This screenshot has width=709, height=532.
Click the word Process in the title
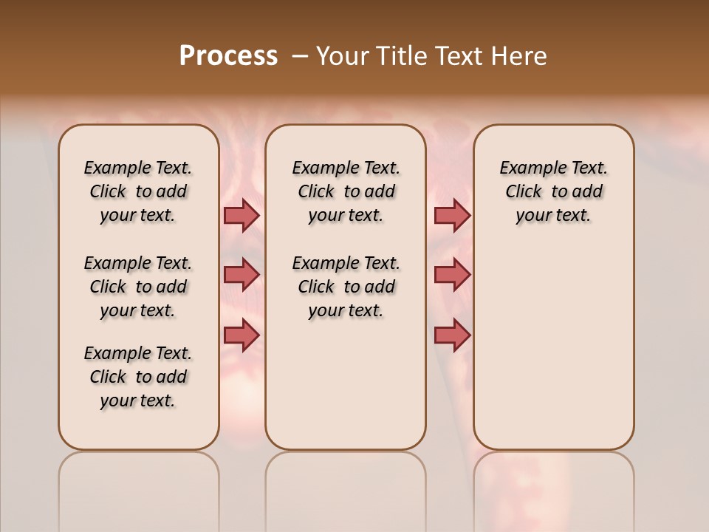pyautogui.click(x=228, y=56)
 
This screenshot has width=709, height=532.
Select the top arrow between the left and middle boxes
pyautogui.click(x=242, y=215)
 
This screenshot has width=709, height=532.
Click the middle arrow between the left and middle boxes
pyautogui.click(x=242, y=275)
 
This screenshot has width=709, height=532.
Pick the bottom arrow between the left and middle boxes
pyautogui.click(x=242, y=335)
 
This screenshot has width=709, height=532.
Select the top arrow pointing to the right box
pyautogui.click(x=452, y=215)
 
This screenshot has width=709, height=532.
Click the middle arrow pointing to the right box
pyautogui.click(x=452, y=275)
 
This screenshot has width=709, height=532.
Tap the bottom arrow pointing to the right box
pyautogui.click(x=452, y=335)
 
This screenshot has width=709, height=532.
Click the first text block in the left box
pyautogui.click(x=138, y=191)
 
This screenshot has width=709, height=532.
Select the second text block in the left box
pyautogui.click(x=138, y=287)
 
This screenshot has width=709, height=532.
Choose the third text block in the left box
pyautogui.click(x=138, y=377)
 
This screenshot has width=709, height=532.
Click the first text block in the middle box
pyautogui.click(x=346, y=191)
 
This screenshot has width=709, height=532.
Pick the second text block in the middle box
pyautogui.click(x=346, y=287)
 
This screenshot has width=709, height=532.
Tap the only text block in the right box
pyautogui.click(x=554, y=191)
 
